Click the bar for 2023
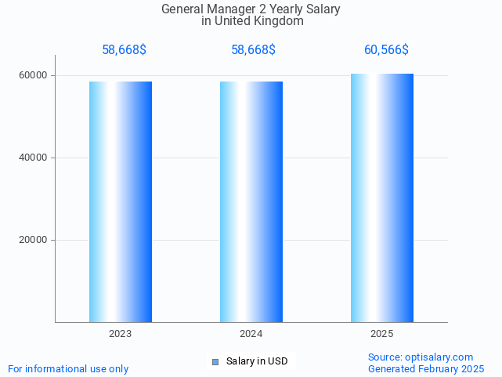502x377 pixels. (121, 201)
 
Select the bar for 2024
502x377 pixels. (251, 201)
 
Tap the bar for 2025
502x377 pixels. (382, 198)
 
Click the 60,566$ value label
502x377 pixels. (386, 50)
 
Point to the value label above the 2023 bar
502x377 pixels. (124, 50)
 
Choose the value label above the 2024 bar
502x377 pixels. (253, 50)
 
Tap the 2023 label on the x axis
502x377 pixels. (121, 334)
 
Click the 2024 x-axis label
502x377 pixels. (251, 334)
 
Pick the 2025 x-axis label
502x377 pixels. (382, 334)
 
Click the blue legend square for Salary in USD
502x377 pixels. (215, 361)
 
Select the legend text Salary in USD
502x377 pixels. (257, 361)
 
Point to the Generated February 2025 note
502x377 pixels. (426, 368)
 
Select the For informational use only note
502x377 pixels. (68, 368)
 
